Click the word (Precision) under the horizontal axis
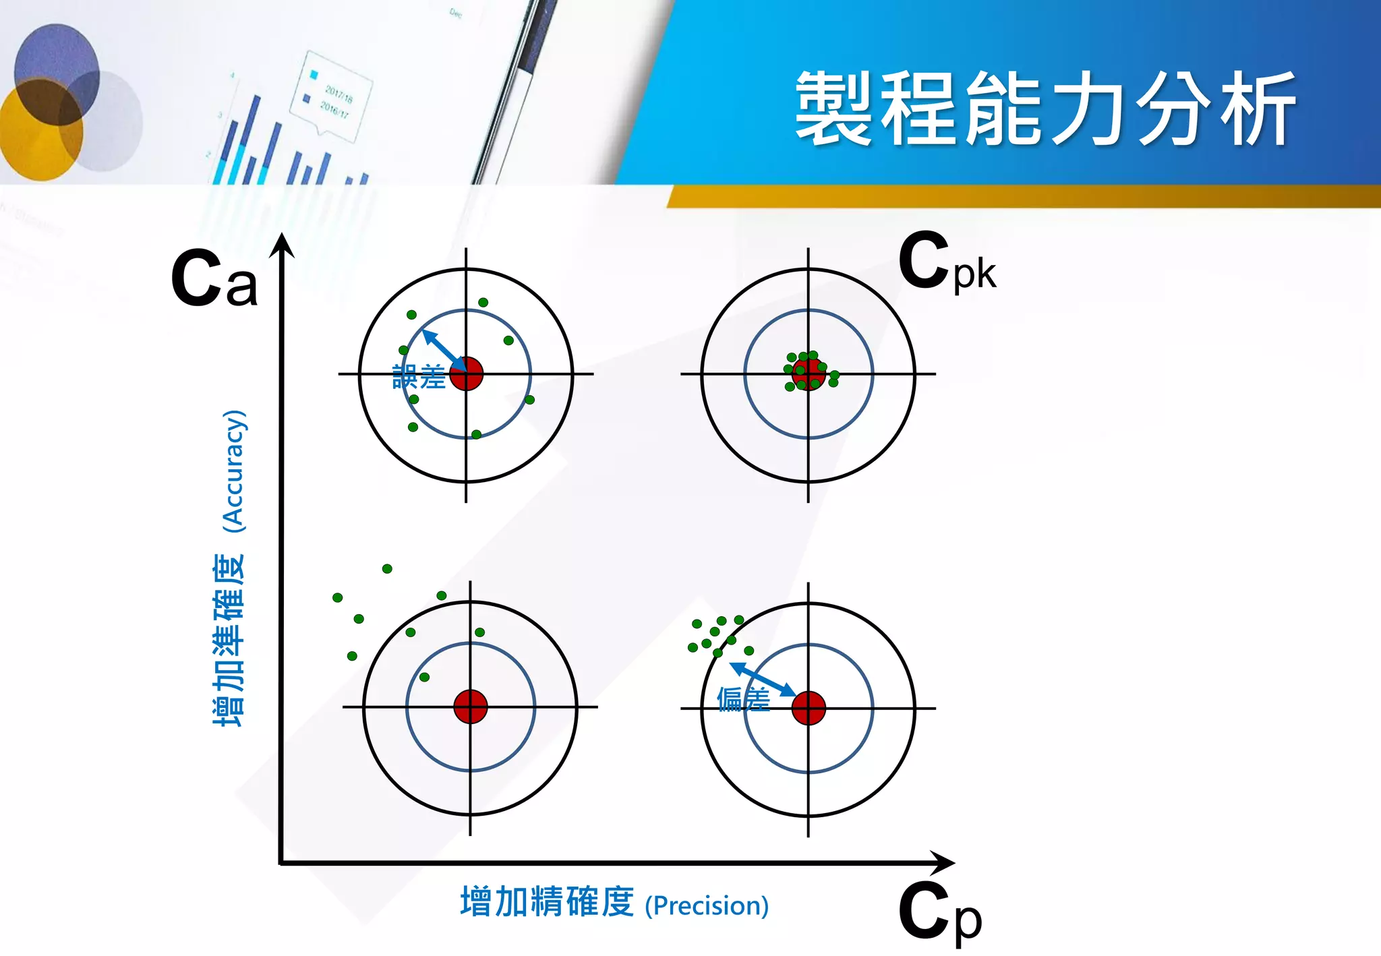click(x=707, y=905)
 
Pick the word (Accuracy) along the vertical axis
click(x=234, y=471)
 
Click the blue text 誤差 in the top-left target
click(x=418, y=377)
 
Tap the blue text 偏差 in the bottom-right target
click(x=742, y=699)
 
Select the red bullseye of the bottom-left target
click(x=470, y=707)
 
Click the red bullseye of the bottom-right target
click(x=808, y=708)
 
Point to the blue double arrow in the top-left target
click(x=443, y=349)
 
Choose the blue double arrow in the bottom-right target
click(x=763, y=679)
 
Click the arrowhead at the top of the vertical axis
click(x=283, y=246)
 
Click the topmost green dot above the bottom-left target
click(x=387, y=569)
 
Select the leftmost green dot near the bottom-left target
click(x=338, y=598)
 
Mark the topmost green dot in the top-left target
click(x=483, y=303)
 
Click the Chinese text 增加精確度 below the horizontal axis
click(x=547, y=902)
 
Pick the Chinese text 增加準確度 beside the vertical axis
click(x=229, y=640)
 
